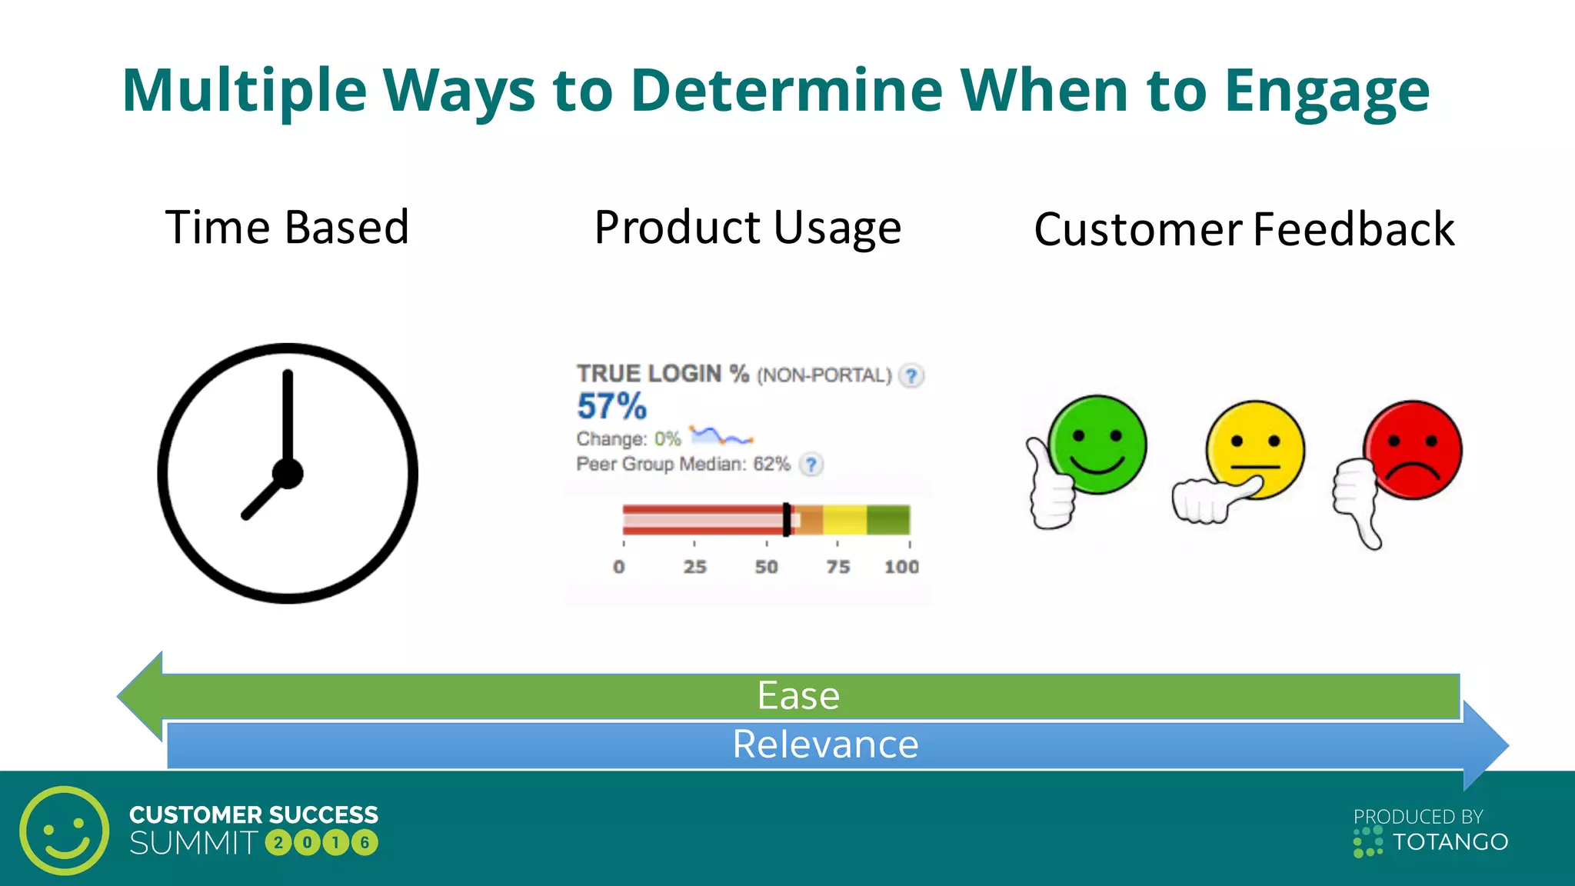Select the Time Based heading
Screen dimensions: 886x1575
coord(287,228)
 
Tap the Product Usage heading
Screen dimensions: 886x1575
coord(748,228)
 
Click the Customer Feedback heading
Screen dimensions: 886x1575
coord(1244,230)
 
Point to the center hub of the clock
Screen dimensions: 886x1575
coord(288,474)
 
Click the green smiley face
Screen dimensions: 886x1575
coord(1097,444)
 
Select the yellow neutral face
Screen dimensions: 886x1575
coord(1256,448)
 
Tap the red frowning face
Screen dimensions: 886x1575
coord(1413,449)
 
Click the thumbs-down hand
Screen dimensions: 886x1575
coord(1357,500)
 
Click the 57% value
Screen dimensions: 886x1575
coord(612,406)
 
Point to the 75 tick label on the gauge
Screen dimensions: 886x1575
coord(837,568)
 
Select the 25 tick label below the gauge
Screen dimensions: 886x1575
coord(694,568)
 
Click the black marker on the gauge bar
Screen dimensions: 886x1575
coord(786,520)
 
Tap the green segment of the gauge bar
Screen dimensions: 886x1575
coord(888,520)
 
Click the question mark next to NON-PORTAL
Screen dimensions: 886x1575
coord(911,376)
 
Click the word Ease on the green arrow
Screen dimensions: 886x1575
coord(798,696)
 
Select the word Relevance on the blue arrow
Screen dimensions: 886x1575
coord(825,744)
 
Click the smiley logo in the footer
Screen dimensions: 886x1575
coord(65,831)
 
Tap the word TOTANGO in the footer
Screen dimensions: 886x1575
coord(1450,842)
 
